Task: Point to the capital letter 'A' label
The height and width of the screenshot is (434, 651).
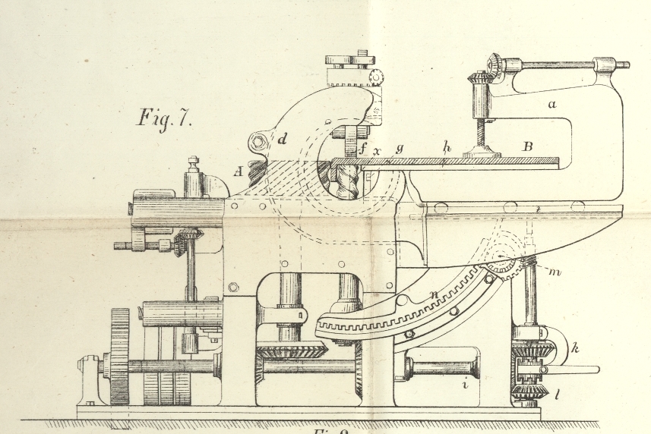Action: [238, 172]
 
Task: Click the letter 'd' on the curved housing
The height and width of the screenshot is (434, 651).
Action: [282, 139]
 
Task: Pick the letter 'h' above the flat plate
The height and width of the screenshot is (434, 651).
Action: [447, 149]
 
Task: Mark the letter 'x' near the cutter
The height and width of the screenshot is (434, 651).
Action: [377, 151]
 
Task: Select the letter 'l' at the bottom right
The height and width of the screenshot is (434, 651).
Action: [558, 394]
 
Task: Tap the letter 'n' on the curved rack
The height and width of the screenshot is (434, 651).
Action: [435, 294]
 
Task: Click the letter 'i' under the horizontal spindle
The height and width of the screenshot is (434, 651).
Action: [465, 385]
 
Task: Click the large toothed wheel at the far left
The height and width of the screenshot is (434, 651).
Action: [119, 357]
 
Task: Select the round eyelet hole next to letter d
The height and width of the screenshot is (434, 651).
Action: [259, 141]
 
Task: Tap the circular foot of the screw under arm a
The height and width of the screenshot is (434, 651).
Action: [482, 154]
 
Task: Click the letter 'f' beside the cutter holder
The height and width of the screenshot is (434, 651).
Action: [363, 149]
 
